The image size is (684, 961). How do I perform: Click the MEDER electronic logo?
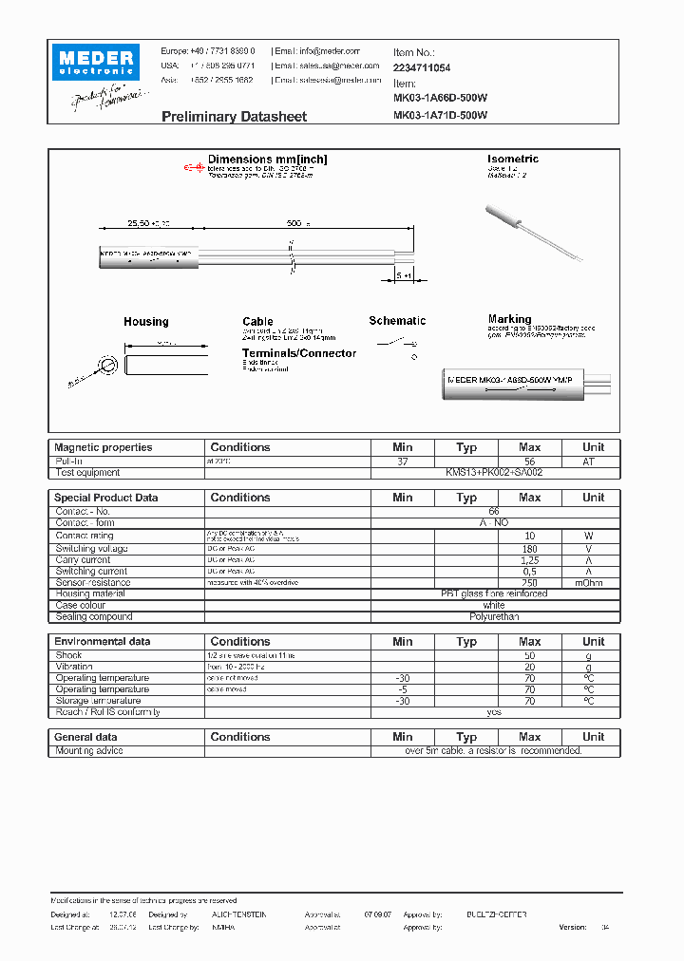[97, 63]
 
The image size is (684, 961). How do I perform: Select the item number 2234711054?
[422, 68]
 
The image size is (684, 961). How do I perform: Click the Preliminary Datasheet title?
[234, 116]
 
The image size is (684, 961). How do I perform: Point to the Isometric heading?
[512, 159]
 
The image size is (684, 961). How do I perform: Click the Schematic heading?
[397, 321]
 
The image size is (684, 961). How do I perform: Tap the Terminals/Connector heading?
[298, 353]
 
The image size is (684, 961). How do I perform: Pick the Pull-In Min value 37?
[402, 461]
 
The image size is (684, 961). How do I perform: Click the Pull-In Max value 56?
[529, 461]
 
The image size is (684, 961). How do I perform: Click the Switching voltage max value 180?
[529, 549]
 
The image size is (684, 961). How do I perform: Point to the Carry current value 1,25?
[529, 560]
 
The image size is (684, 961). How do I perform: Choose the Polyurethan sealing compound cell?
[494, 616]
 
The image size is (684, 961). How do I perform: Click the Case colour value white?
[494, 605]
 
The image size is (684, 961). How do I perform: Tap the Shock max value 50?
[529, 655]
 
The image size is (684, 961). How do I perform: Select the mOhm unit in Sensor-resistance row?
[593, 582]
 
